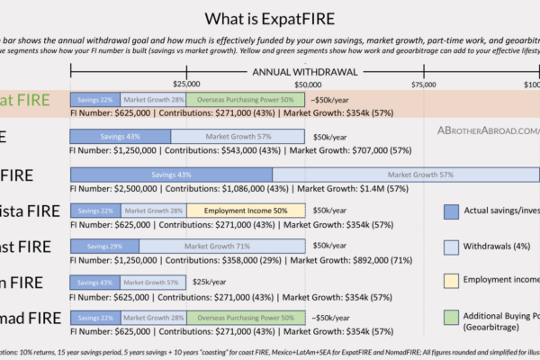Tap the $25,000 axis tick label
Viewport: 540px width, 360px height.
pyautogui.click(x=186, y=84)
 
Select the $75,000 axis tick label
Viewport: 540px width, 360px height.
pyautogui.click(x=424, y=84)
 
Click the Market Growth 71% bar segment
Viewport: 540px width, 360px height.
pyautogui.click(x=222, y=246)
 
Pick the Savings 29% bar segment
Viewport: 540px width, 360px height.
pyautogui.click(x=104, y=246)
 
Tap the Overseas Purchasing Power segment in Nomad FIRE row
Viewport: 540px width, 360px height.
pyautogui.click(x=246, y=318)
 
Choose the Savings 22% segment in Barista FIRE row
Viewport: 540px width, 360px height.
pyautogui.click(x=94, y=210)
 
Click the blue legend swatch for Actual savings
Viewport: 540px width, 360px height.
pyautogui.click(x=452, y=211)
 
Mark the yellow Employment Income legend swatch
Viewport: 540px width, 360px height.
pyautogui.click(x=452, y=282)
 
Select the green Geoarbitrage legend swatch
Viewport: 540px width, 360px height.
pyautogui.click(x=452, y=317)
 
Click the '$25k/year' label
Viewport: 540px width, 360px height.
pyautogui.click(x=209, y=282)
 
